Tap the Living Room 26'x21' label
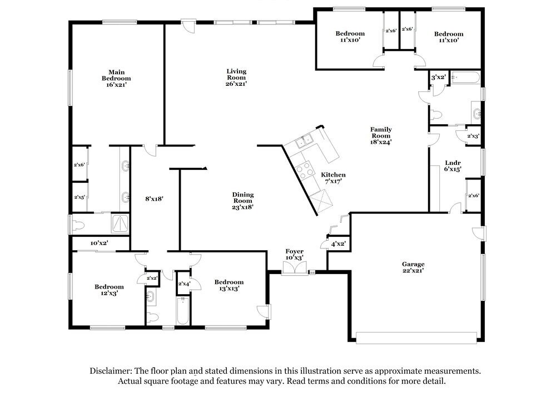point(236,77)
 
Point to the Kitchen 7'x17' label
point(333,178)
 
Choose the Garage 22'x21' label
point(413,267)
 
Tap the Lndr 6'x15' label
point(453,166)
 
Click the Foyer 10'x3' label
point(294,255)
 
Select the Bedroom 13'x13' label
point(229,285)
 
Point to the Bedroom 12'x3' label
point(109,290)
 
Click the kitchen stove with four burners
point(305,170)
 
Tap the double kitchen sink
point(304,141)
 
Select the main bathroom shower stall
point(120,224)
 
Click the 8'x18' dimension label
point(154,199)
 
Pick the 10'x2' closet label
point(99,243)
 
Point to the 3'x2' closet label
point(438,77)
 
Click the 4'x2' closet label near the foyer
point(338,244)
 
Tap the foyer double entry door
point(295,268)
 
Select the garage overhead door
point(416,338)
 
